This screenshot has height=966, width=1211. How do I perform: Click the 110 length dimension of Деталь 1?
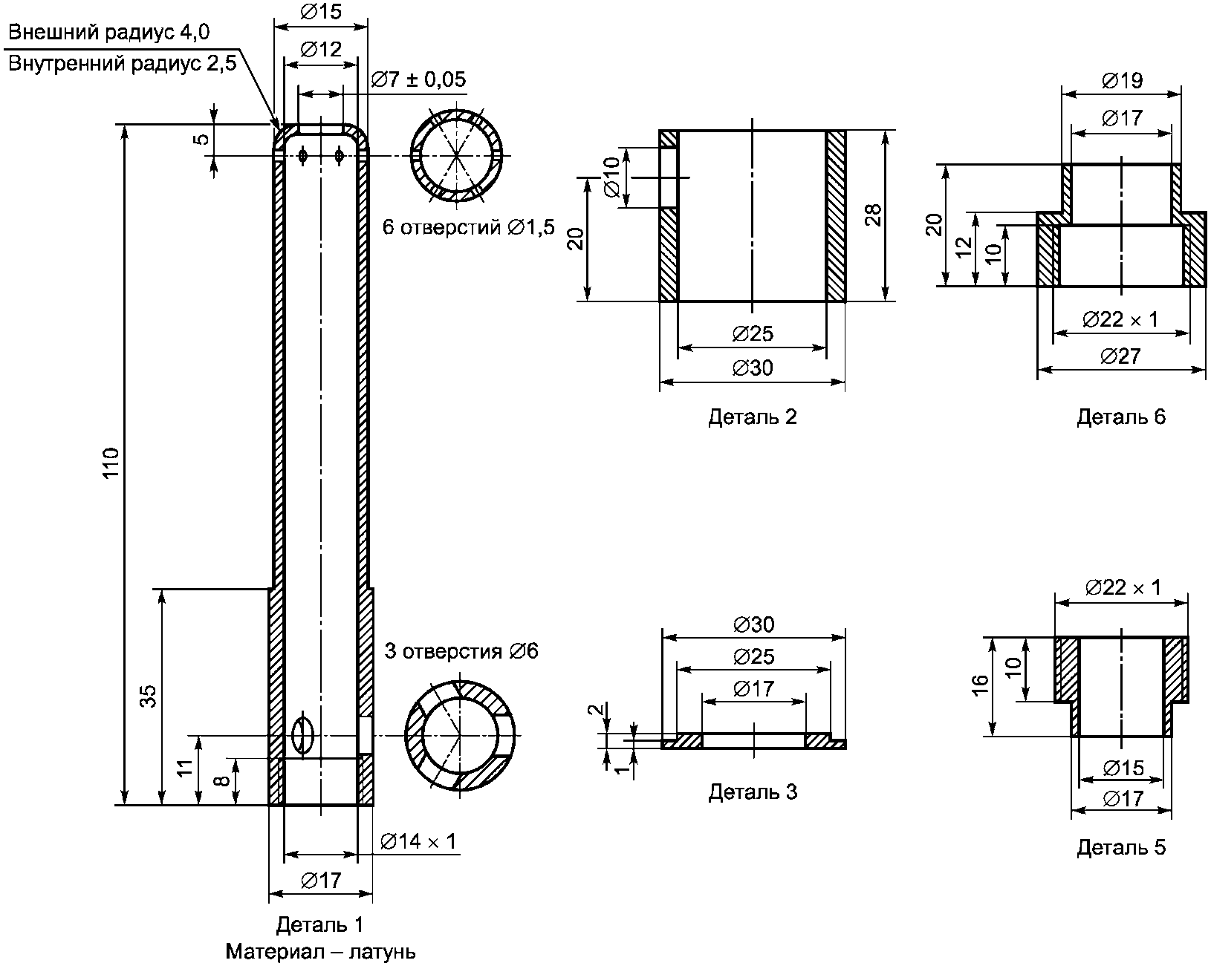pyautogui.click(x=111, y=463)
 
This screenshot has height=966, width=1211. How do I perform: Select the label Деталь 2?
pyautogui.click(x=753, y=417)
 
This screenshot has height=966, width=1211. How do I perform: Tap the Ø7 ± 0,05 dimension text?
pyautogui.click(x=419, y=79)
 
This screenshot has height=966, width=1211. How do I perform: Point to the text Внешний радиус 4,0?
pyautogui.click(x=108, y=32)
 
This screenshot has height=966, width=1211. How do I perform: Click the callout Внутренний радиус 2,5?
pyautogui.click(x=122, y=64)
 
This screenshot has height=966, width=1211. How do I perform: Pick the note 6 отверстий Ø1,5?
pyautogui.click(x=469, y=227)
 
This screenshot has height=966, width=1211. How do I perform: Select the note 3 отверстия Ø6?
pyautogui.click(x=461, y=651)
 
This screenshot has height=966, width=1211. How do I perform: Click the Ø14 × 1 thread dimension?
pyautogui.click(x=418, y=841)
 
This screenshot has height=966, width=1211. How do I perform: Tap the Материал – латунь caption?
pyautogui.click(x=321, y=952)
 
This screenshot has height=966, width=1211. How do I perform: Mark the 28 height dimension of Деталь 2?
pyautogui.click(x=873, y=215)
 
